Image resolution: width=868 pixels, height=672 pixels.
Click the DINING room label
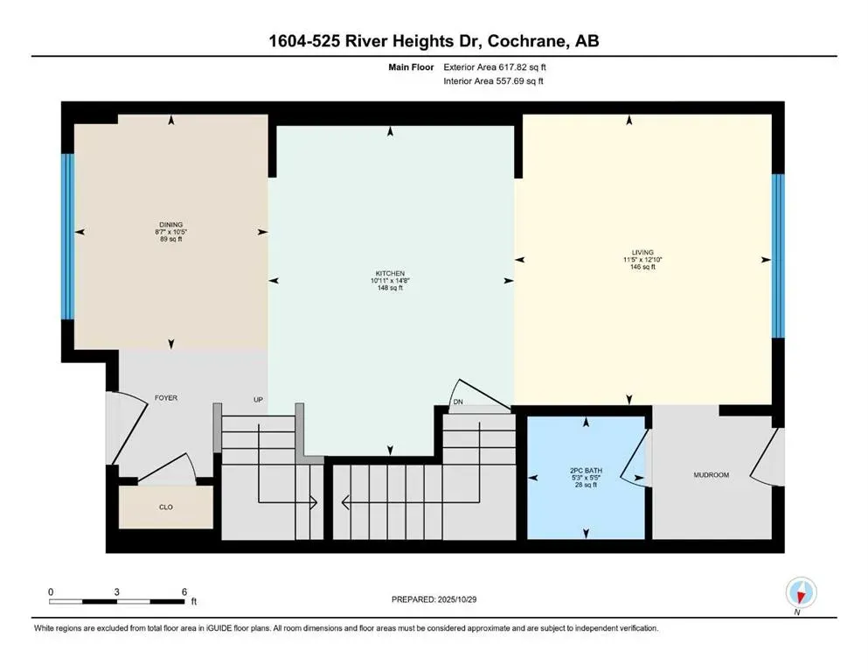[x=171, y=225]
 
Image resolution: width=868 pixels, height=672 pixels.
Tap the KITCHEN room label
[x=390, y=274]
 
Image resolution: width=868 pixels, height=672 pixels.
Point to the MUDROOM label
[x=711, y=475]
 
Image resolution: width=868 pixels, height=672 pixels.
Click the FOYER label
[x=166, y=398]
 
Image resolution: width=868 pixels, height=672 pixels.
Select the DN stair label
[x=457, y=402]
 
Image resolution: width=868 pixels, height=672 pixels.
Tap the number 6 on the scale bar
[x=184, y=591]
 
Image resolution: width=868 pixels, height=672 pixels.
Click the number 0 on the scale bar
[x=51, y=591]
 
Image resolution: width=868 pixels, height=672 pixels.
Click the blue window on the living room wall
[x=778, y=255]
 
